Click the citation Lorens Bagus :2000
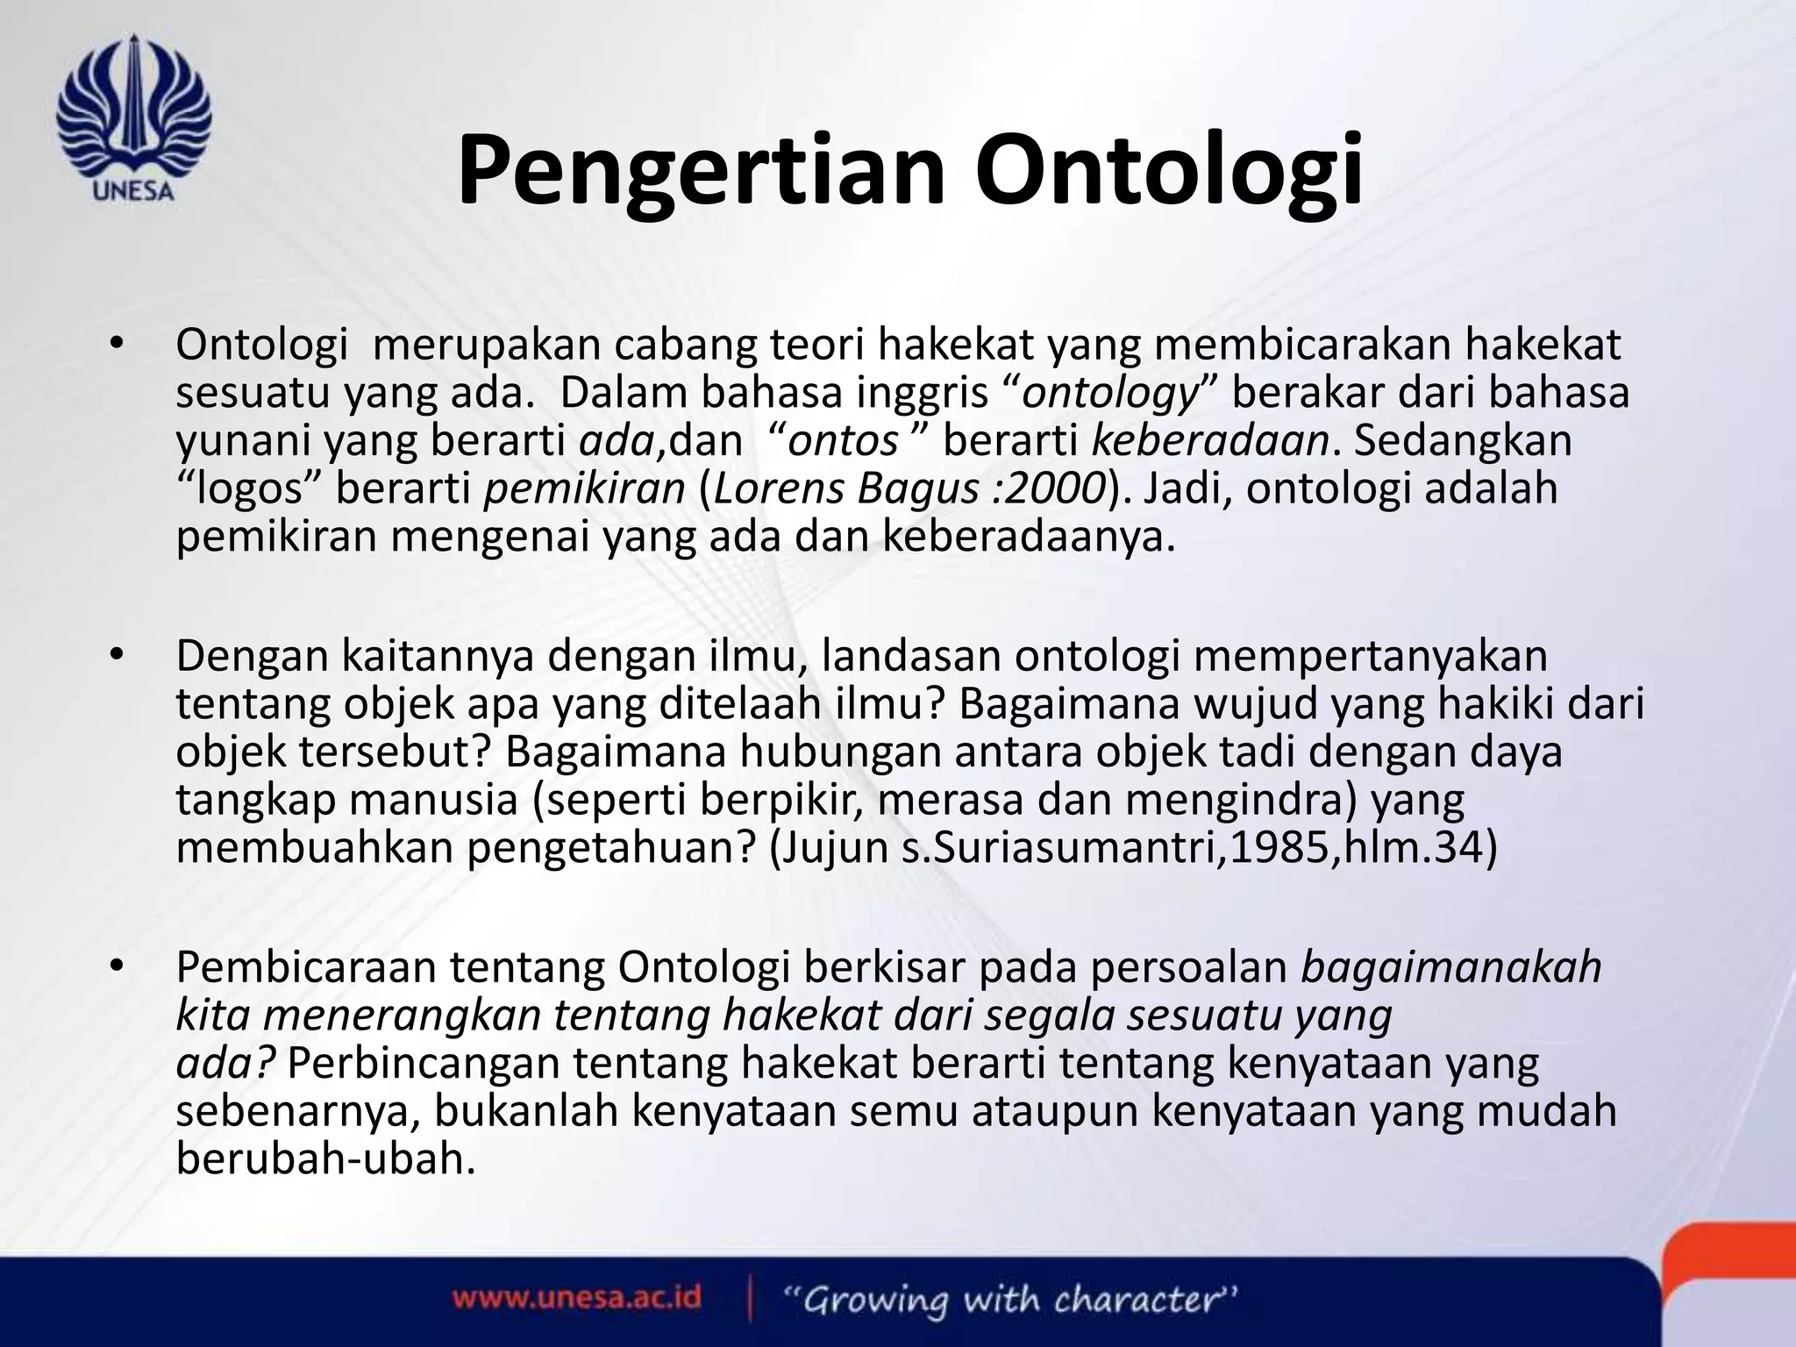909,488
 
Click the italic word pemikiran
584,488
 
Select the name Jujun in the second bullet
842,849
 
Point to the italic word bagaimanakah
1451,968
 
